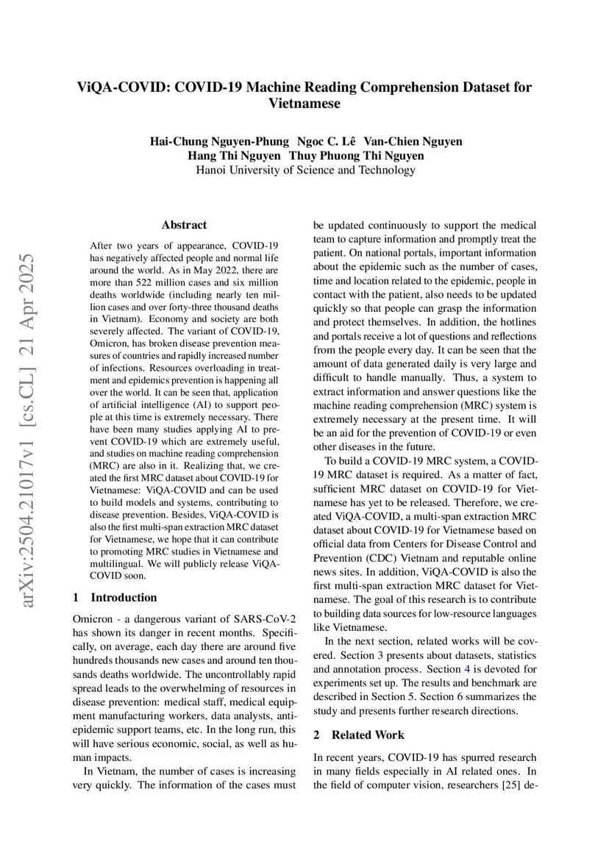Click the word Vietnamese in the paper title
pyautogui.click(x=304, y=104)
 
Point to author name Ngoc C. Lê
pyautogui.click(x=327, y=141)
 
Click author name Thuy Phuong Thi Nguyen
pyautogui.click(x=356, y=156)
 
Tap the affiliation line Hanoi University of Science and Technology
pyautogui.click(x=305, y=170)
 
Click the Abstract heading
pyautogui.click(x=184, y=225)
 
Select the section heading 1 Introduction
pyautogui.click(x=115, y=597)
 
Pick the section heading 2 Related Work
pyautogui.click(x=359, y=735)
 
